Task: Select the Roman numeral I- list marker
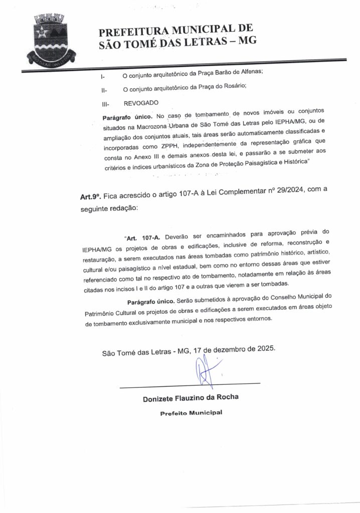(x=103, y=77)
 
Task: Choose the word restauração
(x=101, y=260)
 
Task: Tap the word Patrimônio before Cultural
(x=101, y=314)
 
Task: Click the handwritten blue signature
(x=204, y=371)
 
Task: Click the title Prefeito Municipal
(x=191, y=413)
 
